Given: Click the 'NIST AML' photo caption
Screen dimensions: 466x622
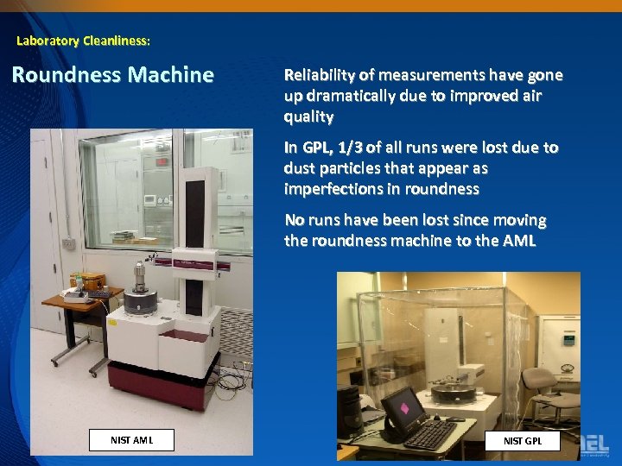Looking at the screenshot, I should pos(131,440).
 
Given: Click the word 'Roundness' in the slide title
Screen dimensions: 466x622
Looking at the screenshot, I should pos(65,75).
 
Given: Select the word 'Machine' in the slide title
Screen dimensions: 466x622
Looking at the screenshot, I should pos(170,75).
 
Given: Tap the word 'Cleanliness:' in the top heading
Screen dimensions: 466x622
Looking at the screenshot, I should pos(117,41).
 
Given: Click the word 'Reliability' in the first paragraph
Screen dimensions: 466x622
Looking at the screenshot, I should pos(323,75).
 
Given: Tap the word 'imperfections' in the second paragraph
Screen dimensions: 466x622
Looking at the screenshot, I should pos(333,189).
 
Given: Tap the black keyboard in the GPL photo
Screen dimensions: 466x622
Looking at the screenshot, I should pos(429,434).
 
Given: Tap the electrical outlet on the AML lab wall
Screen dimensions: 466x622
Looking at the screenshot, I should pos(67,244).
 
